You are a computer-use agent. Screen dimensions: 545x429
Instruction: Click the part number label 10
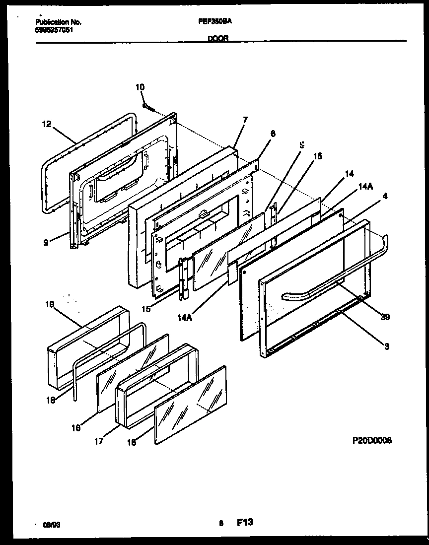tap(140, 87)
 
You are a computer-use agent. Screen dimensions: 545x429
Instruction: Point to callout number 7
tap(245, 120)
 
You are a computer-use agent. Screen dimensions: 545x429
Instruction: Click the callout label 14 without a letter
tap(350, 174)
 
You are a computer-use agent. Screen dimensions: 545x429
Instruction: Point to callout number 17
tap(98, 440)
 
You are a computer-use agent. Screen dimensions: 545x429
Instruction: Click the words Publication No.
tap(59, 22)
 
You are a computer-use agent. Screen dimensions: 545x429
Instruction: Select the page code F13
tap(245, 522)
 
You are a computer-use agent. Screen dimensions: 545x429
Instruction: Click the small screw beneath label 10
tap(147, 106)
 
